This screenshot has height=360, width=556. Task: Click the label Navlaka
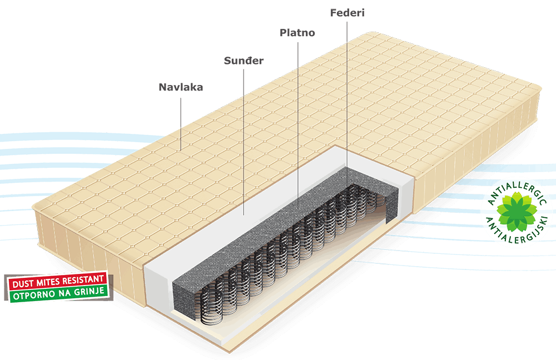[181, 87]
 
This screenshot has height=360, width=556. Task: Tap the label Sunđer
[244, 61]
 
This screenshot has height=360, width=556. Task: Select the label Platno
[297, 33]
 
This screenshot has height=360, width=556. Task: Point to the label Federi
[347, 12]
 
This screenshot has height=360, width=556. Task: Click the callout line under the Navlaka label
[181, 122]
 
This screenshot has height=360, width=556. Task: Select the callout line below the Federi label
[347, 100]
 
